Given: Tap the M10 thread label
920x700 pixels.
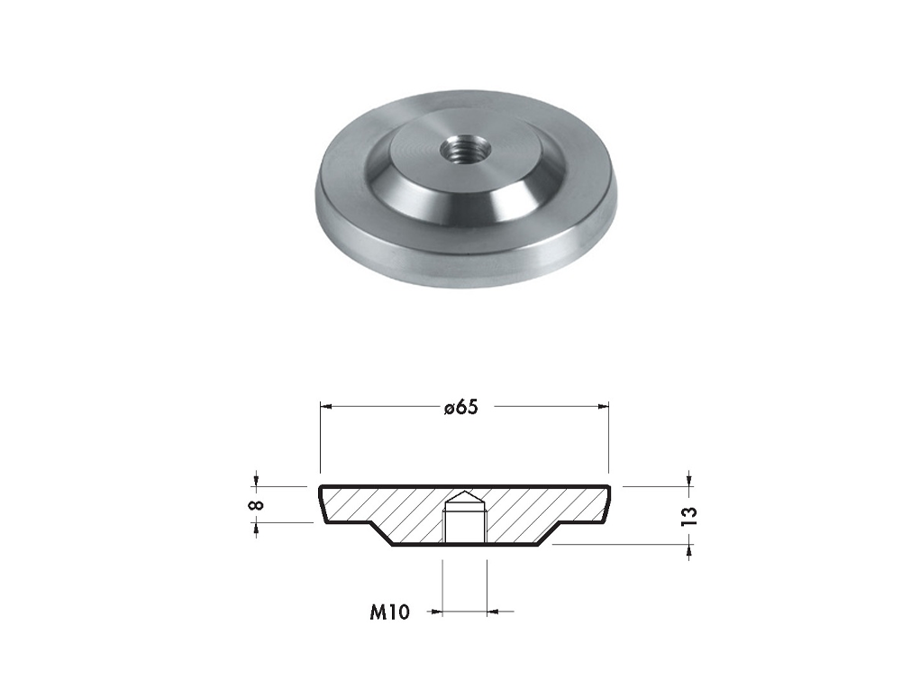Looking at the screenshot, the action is click(389, 612).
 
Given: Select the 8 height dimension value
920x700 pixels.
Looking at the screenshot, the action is click(257, 505).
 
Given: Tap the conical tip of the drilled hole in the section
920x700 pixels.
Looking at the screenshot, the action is click(464, 497).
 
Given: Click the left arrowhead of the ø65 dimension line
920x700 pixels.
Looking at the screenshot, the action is click(326, 406).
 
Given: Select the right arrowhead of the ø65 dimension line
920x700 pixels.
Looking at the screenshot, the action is click(602, 406).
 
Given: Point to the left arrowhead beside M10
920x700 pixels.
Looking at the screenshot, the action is click(436, 612).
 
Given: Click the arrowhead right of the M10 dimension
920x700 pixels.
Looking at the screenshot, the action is click(493, 612).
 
